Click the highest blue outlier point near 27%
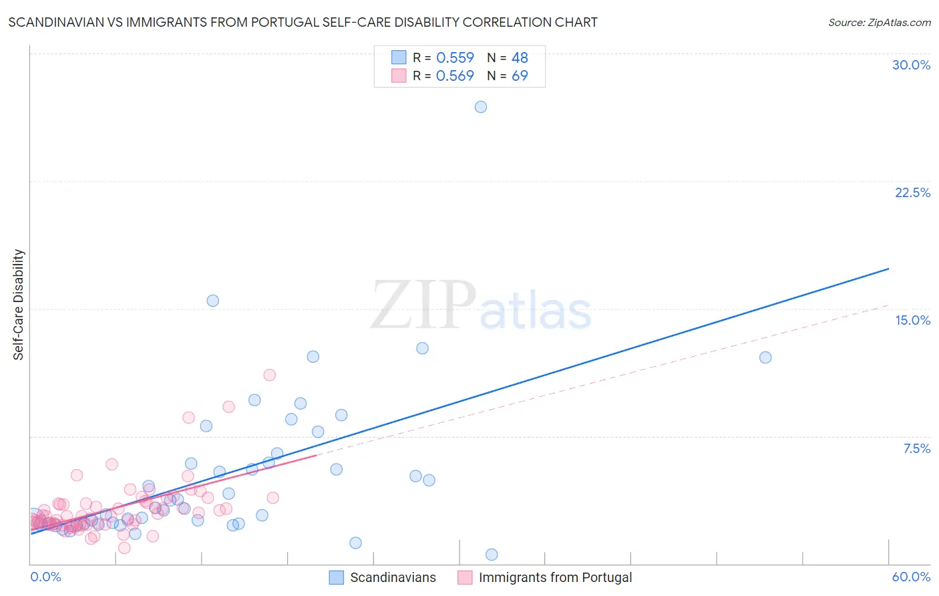coord(481,107)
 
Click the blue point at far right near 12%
coord(765,357)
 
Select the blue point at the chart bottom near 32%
coord(492,555)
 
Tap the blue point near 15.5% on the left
coord(213,301)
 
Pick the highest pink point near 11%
coord(270,375)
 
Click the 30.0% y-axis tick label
coord(911,65)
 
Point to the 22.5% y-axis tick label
coord(912,193)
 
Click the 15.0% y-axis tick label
coord(912,321)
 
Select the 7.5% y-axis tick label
coord(916,449)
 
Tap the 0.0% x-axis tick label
coord(45,577)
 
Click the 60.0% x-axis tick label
coord(911,577)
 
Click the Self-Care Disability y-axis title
coord(19,305)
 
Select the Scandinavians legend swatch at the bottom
coord(337,578)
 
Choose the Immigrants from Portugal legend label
coord(555,578)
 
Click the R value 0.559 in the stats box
coord(455,58)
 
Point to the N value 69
coord(520,76)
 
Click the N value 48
coord(520,58)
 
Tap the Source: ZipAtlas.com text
coord(879,23)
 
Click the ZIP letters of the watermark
coord(423,306)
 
